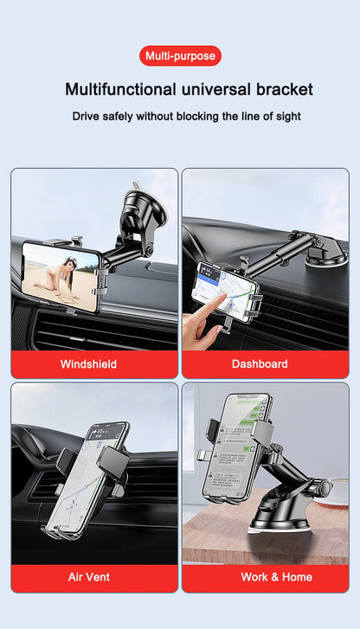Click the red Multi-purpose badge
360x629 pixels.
(180, 56)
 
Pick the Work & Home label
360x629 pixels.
(265, 577)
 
